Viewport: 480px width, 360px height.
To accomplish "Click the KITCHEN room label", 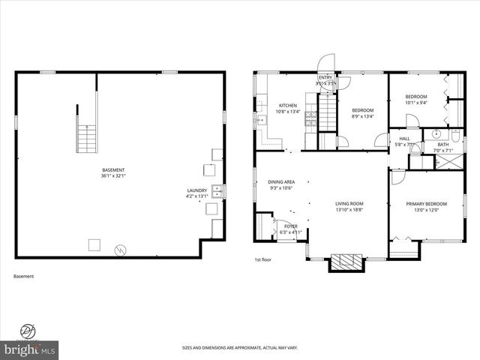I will click(288, 106).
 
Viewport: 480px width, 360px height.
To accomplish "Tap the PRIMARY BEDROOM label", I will click(426, 203).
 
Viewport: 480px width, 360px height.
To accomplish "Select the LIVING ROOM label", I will click(349, 203).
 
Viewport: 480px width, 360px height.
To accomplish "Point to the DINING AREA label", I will click(281, 181).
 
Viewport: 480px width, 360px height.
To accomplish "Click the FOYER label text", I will click(289, 226).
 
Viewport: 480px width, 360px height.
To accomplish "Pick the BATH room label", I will click(442, 144).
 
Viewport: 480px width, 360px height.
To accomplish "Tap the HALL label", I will click(404, 139).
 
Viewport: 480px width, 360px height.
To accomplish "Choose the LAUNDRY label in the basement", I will click(196, 190).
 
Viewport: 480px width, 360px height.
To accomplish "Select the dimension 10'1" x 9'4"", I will click(416, 103).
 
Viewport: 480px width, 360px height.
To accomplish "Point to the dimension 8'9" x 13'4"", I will click(363, 116).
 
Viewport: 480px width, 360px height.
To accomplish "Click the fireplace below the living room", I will click(346, 262).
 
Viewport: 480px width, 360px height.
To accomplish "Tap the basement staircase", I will click(88, 137).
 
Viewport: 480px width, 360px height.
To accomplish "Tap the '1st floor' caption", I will click(262, 260).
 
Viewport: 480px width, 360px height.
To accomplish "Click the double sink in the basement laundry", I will click(215, 190).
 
